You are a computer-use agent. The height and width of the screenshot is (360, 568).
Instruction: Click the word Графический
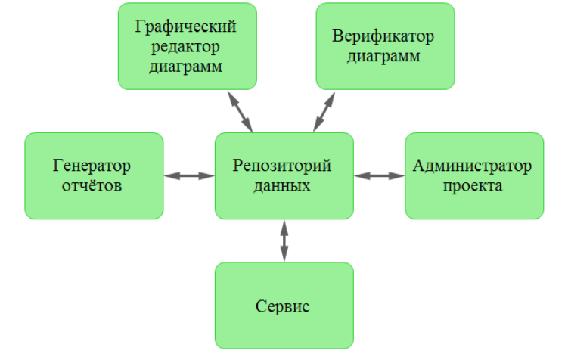(x=187, y=28)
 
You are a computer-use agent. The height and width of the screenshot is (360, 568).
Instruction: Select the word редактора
(x=187, y=47)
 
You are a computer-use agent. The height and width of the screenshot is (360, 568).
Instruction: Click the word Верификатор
(x=384, y=37)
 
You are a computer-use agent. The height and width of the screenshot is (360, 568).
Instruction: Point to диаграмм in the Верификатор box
(x=384, y=56)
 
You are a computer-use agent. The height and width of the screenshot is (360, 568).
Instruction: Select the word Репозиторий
(x=284, y=166)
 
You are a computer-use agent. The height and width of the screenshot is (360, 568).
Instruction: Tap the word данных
(x=284, y=185)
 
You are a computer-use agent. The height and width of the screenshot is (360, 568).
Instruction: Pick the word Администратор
(x=474, y=166)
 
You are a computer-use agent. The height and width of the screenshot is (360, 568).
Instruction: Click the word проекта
(x=474, y=185)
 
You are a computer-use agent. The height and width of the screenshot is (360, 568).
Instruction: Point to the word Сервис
(x=284, y=307)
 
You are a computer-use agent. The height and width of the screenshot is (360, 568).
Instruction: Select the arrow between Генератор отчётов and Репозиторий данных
(x=189, y=176)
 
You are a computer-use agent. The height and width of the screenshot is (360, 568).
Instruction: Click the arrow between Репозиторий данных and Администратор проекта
(x=380, y=176)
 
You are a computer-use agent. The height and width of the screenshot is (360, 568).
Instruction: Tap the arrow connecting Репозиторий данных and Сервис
(x=284, y=241)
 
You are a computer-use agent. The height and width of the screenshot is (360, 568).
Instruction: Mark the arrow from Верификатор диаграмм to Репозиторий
(x=324, y=110)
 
